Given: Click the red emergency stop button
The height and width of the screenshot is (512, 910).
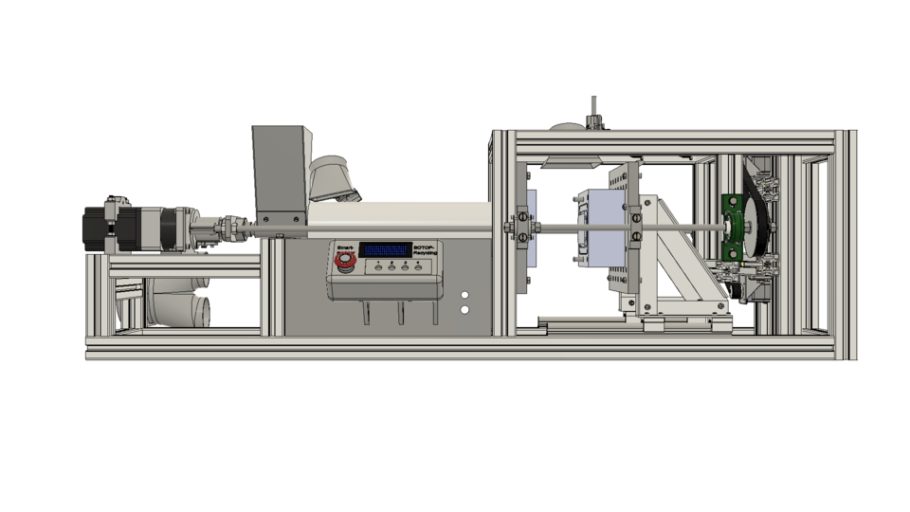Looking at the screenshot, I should (x=344, y=259).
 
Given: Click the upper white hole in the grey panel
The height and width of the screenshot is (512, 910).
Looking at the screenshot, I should (x=465, y=296).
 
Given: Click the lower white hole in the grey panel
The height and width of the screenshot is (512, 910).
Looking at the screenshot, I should (x=465, y=310).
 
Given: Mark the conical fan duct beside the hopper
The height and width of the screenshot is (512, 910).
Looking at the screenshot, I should (x=333, y=179).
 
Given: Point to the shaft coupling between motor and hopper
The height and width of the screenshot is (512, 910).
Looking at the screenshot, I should (x=227, y=229).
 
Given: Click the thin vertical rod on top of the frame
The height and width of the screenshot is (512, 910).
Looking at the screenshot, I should (x=593, y=106).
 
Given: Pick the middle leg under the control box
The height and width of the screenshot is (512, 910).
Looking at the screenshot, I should (x=400, y=314).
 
